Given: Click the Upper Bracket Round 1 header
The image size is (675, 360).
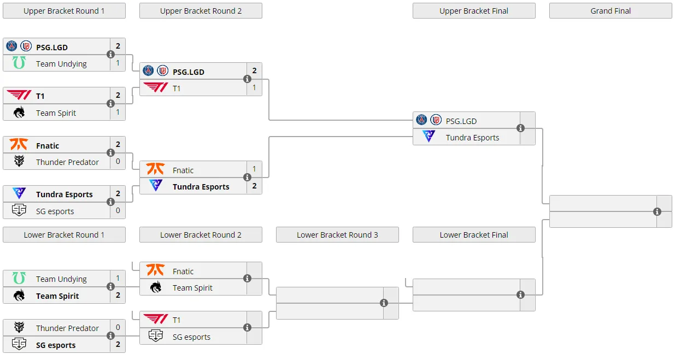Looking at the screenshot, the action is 64,11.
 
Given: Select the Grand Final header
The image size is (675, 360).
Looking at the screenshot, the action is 611,11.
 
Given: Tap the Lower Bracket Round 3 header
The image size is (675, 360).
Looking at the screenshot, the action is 337,235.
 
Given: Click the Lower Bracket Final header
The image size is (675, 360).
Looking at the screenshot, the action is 474,235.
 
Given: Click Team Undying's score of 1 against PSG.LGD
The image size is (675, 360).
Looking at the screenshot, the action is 118,63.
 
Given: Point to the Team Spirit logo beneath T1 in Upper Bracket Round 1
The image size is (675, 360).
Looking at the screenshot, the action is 19,113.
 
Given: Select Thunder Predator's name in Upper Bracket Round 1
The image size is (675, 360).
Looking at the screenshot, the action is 67,162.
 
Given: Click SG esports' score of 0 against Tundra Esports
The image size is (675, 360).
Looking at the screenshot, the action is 118,210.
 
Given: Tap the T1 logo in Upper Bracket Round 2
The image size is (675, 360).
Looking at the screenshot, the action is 155,87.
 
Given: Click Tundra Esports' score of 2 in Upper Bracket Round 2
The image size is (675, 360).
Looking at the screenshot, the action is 254,186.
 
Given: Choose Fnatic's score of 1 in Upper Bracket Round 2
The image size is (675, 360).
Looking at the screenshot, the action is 254,169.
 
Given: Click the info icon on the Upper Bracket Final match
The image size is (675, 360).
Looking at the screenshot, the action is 520,128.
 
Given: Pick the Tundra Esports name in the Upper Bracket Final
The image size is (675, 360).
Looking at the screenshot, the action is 472,138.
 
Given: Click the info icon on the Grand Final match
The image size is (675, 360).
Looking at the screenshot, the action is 657,211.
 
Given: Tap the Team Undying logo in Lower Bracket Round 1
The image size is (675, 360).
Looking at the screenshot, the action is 19,278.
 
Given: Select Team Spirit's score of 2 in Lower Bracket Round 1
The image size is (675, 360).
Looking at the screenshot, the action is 118,295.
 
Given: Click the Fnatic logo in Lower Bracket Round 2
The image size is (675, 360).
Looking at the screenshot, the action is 155,270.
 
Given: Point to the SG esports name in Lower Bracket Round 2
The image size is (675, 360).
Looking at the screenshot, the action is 191,337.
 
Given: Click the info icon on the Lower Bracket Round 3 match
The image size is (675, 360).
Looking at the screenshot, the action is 384,303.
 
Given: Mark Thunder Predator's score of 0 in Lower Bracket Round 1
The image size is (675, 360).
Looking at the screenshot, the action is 118,327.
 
